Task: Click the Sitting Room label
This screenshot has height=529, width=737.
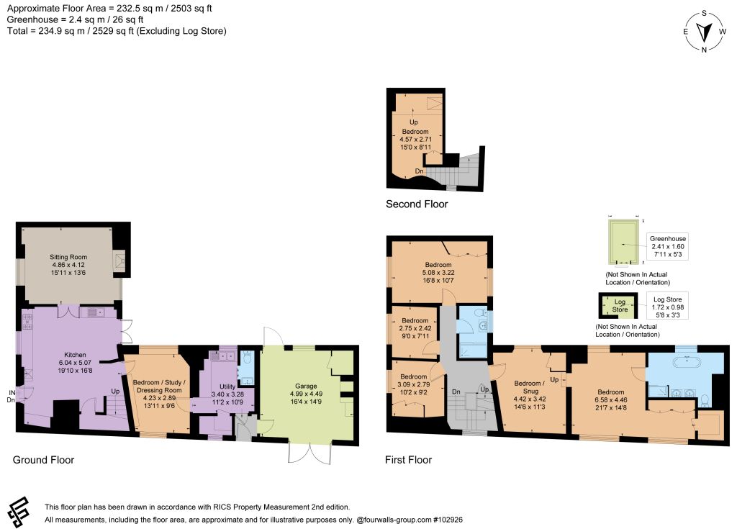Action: (68, 257)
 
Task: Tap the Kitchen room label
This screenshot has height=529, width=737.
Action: (75, 355)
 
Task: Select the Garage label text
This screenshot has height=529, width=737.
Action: (306, 386)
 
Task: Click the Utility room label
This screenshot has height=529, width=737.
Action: (227, 386)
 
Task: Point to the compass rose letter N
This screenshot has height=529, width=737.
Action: (704, 50)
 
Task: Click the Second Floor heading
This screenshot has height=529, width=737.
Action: (417, 204)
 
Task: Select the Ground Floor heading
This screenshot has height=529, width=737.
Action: (43, 460)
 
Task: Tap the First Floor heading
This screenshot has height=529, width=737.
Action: (409, 460)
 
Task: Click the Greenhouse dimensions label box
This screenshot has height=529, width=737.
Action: (668, 246)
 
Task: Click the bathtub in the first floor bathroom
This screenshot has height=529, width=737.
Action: (687, 363)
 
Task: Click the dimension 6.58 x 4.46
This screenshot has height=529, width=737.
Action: (611, 399)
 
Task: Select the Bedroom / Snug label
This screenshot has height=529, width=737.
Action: (530, 387)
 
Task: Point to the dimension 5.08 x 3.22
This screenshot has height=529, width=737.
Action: (438, 272)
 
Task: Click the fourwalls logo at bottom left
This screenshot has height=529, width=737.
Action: (19, 512)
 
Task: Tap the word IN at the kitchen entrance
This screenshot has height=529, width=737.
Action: (12, 393)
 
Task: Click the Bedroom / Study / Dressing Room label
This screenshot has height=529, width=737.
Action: (159, 386)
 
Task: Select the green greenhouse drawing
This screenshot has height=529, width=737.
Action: (624, 242)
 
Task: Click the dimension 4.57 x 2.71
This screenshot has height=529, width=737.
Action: (415, 139)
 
